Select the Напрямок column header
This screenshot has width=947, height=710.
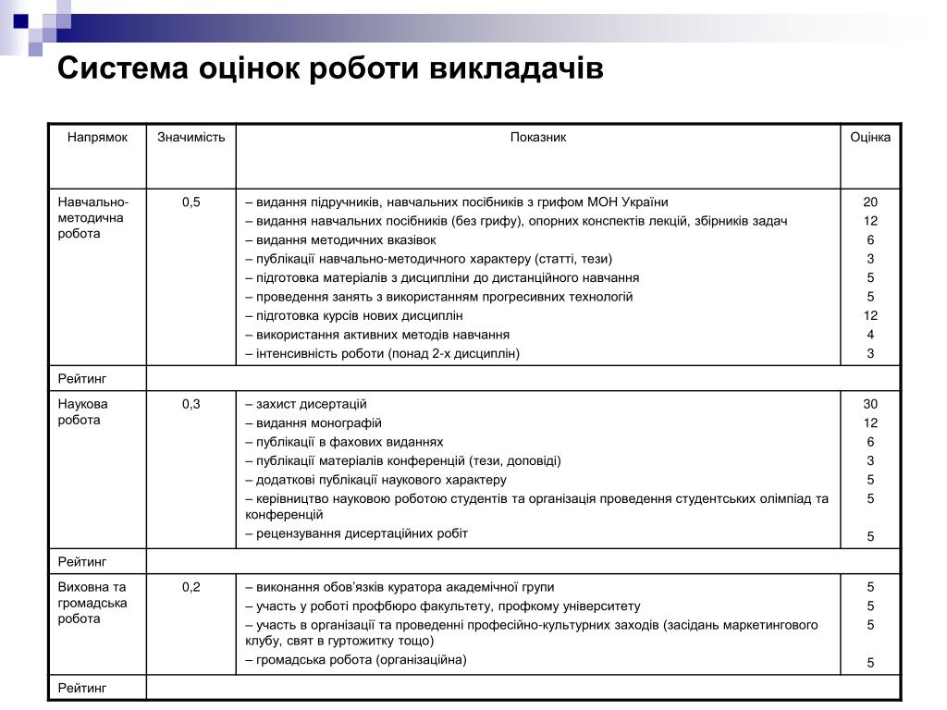[x=97, y=138]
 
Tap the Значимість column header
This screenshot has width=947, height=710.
[x=191, y=138]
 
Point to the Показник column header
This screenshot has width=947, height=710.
[x=538, y=138]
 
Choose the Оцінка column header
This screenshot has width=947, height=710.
[x=870, y=138]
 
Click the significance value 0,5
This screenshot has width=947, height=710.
[x=191, y=202]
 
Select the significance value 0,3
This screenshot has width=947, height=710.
[x=191, y=404]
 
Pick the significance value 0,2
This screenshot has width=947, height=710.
[x=191, y=587]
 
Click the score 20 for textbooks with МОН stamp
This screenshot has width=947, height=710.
[x=870, y=202]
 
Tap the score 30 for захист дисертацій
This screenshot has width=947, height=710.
[x=870, y=404]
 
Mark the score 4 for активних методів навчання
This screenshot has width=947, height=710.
[x=870, y=335]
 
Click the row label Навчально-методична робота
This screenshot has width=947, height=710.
[x=93, y=218]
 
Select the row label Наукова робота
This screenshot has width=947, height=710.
[x=83, y=412]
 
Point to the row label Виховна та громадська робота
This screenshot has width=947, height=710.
[x=92, y=603]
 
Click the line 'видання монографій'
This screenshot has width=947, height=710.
[x=315, y=423]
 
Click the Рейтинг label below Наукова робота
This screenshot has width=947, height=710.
[x=83, y=561]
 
